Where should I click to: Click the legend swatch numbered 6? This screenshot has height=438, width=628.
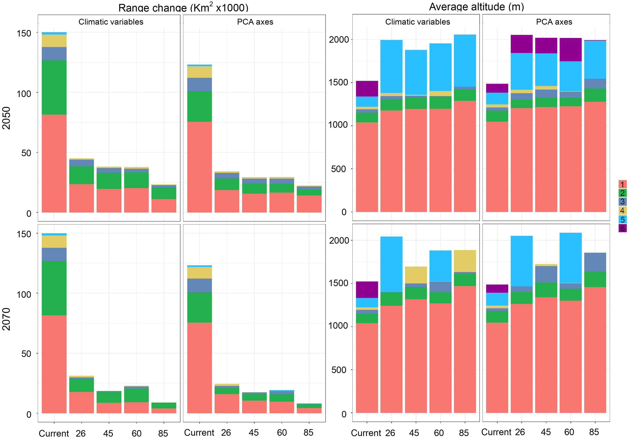pos(622,228)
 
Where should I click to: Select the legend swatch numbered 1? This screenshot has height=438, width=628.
pos(622,184)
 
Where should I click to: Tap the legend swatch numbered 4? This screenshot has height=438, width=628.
pos(622,210)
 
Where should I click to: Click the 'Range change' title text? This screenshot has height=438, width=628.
pos(183,7)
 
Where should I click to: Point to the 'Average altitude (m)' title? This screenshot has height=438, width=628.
pos(476,7)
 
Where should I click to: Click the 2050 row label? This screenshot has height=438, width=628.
pos(6,118)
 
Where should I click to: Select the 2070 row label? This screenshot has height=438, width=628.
pos(6,319)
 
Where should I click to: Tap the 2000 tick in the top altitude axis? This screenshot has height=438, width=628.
pos(339,40)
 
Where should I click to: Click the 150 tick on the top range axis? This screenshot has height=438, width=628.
pos(24,33)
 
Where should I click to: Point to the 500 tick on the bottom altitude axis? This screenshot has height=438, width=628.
pos(339,370)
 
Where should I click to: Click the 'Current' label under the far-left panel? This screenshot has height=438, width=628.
pos(54,433)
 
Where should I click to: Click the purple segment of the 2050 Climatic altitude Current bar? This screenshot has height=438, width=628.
pos(367,88)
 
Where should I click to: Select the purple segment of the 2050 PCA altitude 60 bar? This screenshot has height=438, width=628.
pos(570,50)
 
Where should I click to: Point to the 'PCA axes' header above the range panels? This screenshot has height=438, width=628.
pos(255,22)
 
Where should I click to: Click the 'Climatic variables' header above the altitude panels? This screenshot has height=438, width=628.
pos(417,22)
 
